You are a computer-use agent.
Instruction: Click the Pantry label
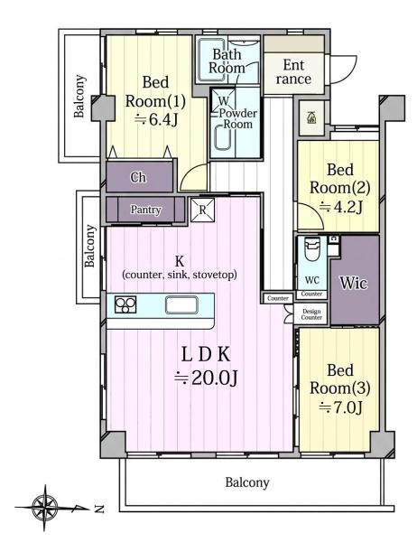[145, 210]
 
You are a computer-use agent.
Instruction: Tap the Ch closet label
[138, 177]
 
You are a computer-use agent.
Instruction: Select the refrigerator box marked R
[202, 210]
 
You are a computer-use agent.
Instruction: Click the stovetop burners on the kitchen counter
[125, 304]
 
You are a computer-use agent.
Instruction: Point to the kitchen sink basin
[181, 305]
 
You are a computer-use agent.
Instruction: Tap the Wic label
[354, 283]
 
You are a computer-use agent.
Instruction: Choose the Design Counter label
[311, 314]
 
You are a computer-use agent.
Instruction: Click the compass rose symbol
[45, 508]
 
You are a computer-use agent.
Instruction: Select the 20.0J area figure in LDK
[206, 378]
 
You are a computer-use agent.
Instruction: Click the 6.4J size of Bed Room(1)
[156, 119]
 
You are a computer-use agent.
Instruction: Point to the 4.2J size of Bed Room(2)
[340, 207]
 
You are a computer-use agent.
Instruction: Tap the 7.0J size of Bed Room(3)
[340, 407]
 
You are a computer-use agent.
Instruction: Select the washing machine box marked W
[224, 100]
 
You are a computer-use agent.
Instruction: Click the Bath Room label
[227, 61]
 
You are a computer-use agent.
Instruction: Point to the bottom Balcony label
[247, 482]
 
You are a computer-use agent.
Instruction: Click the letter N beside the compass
[99, 509]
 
